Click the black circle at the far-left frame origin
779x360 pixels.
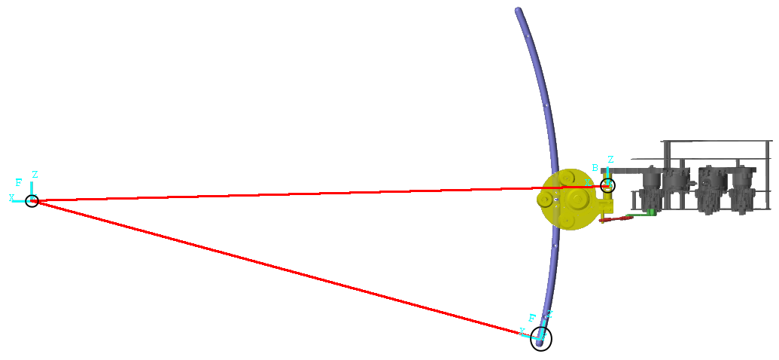pyautogui.click(x=32, y=200)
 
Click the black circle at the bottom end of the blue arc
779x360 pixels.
pyautogui.click(x=541, y=339)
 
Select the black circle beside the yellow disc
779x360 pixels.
pyautogui.click(x=607, y=185)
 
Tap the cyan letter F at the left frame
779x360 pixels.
pyautogui.click(x=19, y=183)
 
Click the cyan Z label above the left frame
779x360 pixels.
pyautogui.click(x=35, y=175)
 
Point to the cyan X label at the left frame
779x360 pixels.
pyautogui.click(x=12, y=198)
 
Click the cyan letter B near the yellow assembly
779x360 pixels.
pyautogui.click(x=595, y=168)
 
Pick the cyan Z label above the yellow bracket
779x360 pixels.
pyautogui.click(x=610, y=160)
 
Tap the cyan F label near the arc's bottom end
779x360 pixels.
pyautogui.click(x=532, y=318)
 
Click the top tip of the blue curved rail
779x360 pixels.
pyautogui.click(x=518, y=11)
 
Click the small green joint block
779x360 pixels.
pyautogui.click(x=652, y=212)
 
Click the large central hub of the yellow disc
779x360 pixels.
pyautogui.click(x=577, y=199)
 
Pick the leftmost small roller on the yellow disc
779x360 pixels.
pyautogui.click(x=544, y=200)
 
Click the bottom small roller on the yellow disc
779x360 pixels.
pyautogui.click(x=568, y=221)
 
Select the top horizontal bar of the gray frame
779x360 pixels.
pyautogui.click(x=715, y=141)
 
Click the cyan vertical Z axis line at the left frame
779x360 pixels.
pyautogui.click(x=32, y=188)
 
